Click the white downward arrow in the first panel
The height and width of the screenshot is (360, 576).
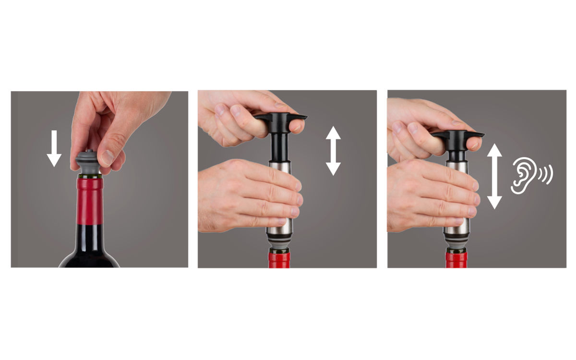[x=54, y=148]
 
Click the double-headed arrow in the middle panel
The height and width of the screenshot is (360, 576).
[x=333, y=150]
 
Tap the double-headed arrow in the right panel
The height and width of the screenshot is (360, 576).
[x=494, y=176]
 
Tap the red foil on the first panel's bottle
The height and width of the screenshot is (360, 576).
[x=90, y=202]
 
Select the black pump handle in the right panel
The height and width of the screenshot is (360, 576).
[x=458, y=136]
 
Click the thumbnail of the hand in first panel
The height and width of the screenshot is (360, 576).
[x=108, y=157]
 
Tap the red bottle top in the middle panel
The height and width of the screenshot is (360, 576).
[x=279, y=259]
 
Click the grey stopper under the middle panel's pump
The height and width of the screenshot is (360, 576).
[x=278, y=246]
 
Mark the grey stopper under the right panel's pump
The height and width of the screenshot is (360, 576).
[x=456, y=248]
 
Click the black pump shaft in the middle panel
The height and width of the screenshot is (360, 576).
[x=278, y=146]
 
